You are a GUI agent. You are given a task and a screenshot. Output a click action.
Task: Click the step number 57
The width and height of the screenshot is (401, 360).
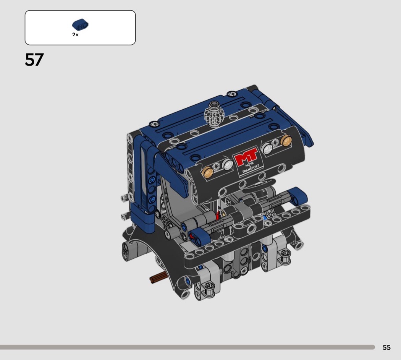[x=34, y=60]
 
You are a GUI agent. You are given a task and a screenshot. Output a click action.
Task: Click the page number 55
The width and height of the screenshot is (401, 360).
[x=386, y=347]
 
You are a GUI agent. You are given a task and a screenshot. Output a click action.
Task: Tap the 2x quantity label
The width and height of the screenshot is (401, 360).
[x=75, y=34]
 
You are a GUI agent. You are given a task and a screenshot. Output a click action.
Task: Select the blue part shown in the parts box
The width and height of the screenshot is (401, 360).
[x=80, y=24]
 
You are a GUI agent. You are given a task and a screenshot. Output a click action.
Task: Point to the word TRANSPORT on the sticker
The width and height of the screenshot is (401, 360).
[x=251, y=169]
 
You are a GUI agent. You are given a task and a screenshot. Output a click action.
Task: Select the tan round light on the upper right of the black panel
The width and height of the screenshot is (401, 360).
[x=286, y=140]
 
